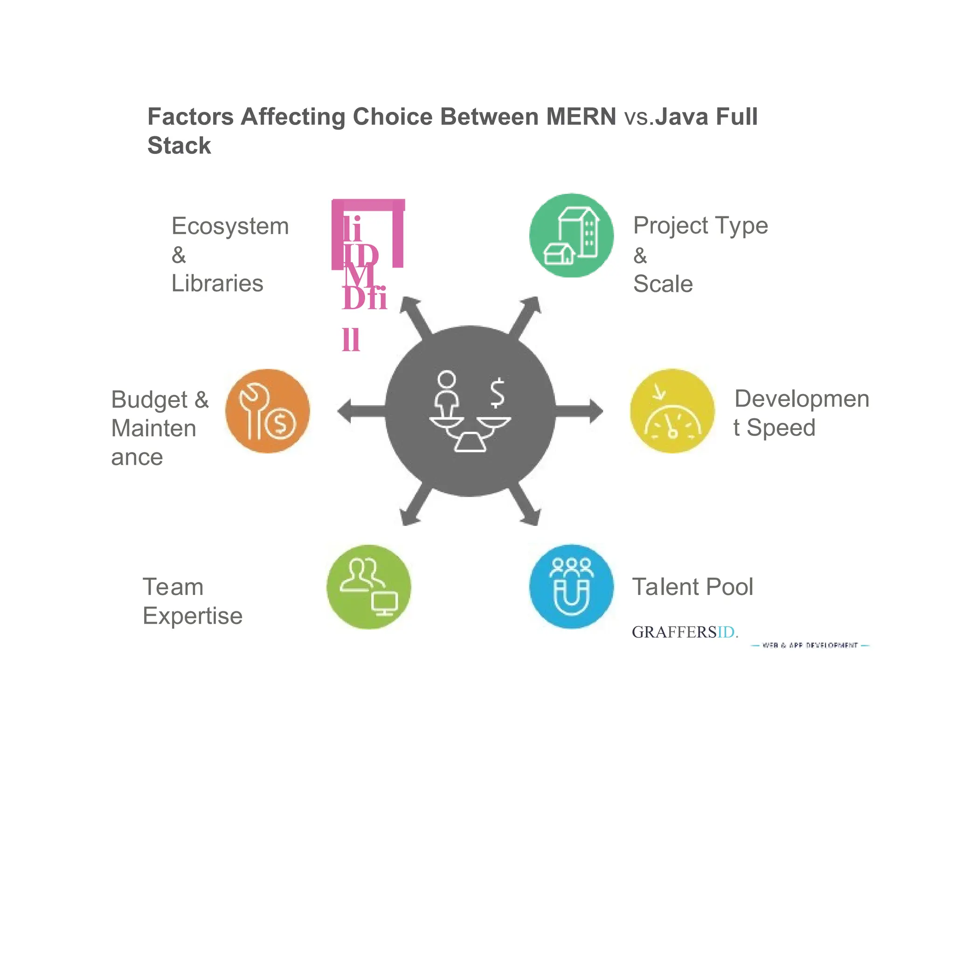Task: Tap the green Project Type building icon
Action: (571, 235)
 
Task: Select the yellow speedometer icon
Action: (672, 411)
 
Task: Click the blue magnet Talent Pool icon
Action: (571, 587)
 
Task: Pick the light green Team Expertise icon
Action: (369, 587)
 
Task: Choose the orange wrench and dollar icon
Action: (267, 411)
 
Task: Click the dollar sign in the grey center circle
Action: (497, 393)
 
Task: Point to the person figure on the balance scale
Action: (446, 393)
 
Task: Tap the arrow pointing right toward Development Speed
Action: (583, 411)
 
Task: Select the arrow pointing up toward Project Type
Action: (526, 314)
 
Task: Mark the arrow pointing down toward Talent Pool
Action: (526, 509)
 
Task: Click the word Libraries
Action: (217, 284)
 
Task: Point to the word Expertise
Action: (193, 616)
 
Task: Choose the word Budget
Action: (150, 400)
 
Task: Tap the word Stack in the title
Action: (179, 146)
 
